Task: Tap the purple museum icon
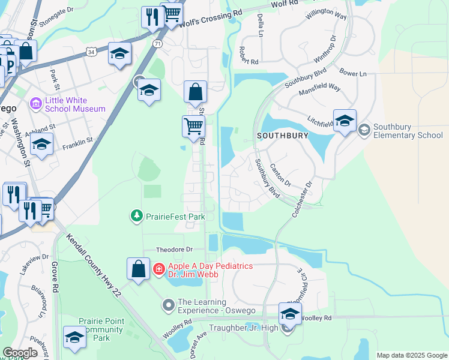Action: point(36,104)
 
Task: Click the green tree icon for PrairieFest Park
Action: point(137,215)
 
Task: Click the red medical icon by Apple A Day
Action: point(158,268)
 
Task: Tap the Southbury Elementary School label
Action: point(408,131)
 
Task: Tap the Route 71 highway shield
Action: point(157,44)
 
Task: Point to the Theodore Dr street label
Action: point(173,249)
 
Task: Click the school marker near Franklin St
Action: point(41,145)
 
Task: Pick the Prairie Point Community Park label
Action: point(102,329)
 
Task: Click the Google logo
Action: point(20,353)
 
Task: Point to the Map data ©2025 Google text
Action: point(411,355)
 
